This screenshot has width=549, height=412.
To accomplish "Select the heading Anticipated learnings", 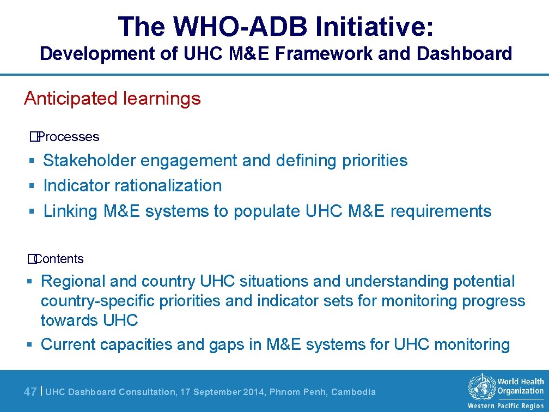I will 112,99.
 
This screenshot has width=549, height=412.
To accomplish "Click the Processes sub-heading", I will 68,137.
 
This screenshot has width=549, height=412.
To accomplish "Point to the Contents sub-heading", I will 58,259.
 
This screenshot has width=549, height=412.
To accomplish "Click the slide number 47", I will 30,392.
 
